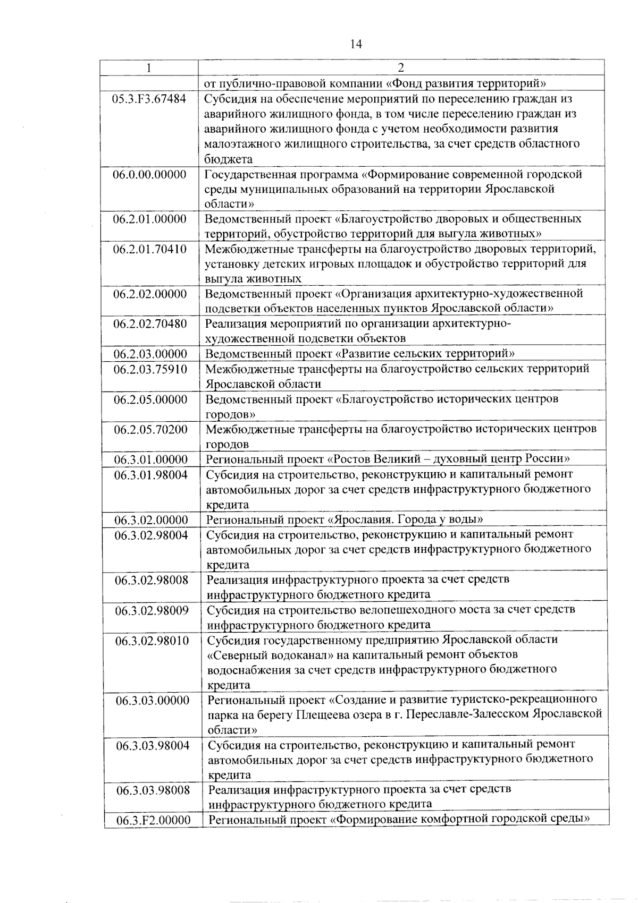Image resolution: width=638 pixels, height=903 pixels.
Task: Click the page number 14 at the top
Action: pyautogui.click(x=356, y=44)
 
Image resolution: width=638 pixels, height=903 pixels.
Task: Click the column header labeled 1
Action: pyautogui.click(x=149, y=67)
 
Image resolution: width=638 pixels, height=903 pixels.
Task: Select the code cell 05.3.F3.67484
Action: pyautogui.click(x=149, y=99)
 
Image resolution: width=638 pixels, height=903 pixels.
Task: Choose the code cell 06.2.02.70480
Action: pyautogui.click(x=150, y=323)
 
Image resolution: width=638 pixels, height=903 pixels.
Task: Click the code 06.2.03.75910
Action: pyautogui.click(x=150, y=369)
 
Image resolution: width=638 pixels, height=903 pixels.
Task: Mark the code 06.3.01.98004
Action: pyautogui.click(x=151, y=475)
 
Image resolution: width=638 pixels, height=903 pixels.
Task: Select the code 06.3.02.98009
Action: pyautogui.click(x=152, y=610)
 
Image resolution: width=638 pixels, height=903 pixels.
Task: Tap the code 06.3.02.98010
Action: pyautogui.click(x=152, y=641)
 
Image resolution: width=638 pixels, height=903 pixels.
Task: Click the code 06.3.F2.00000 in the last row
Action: pyautogui.click(x=154, y=820)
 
